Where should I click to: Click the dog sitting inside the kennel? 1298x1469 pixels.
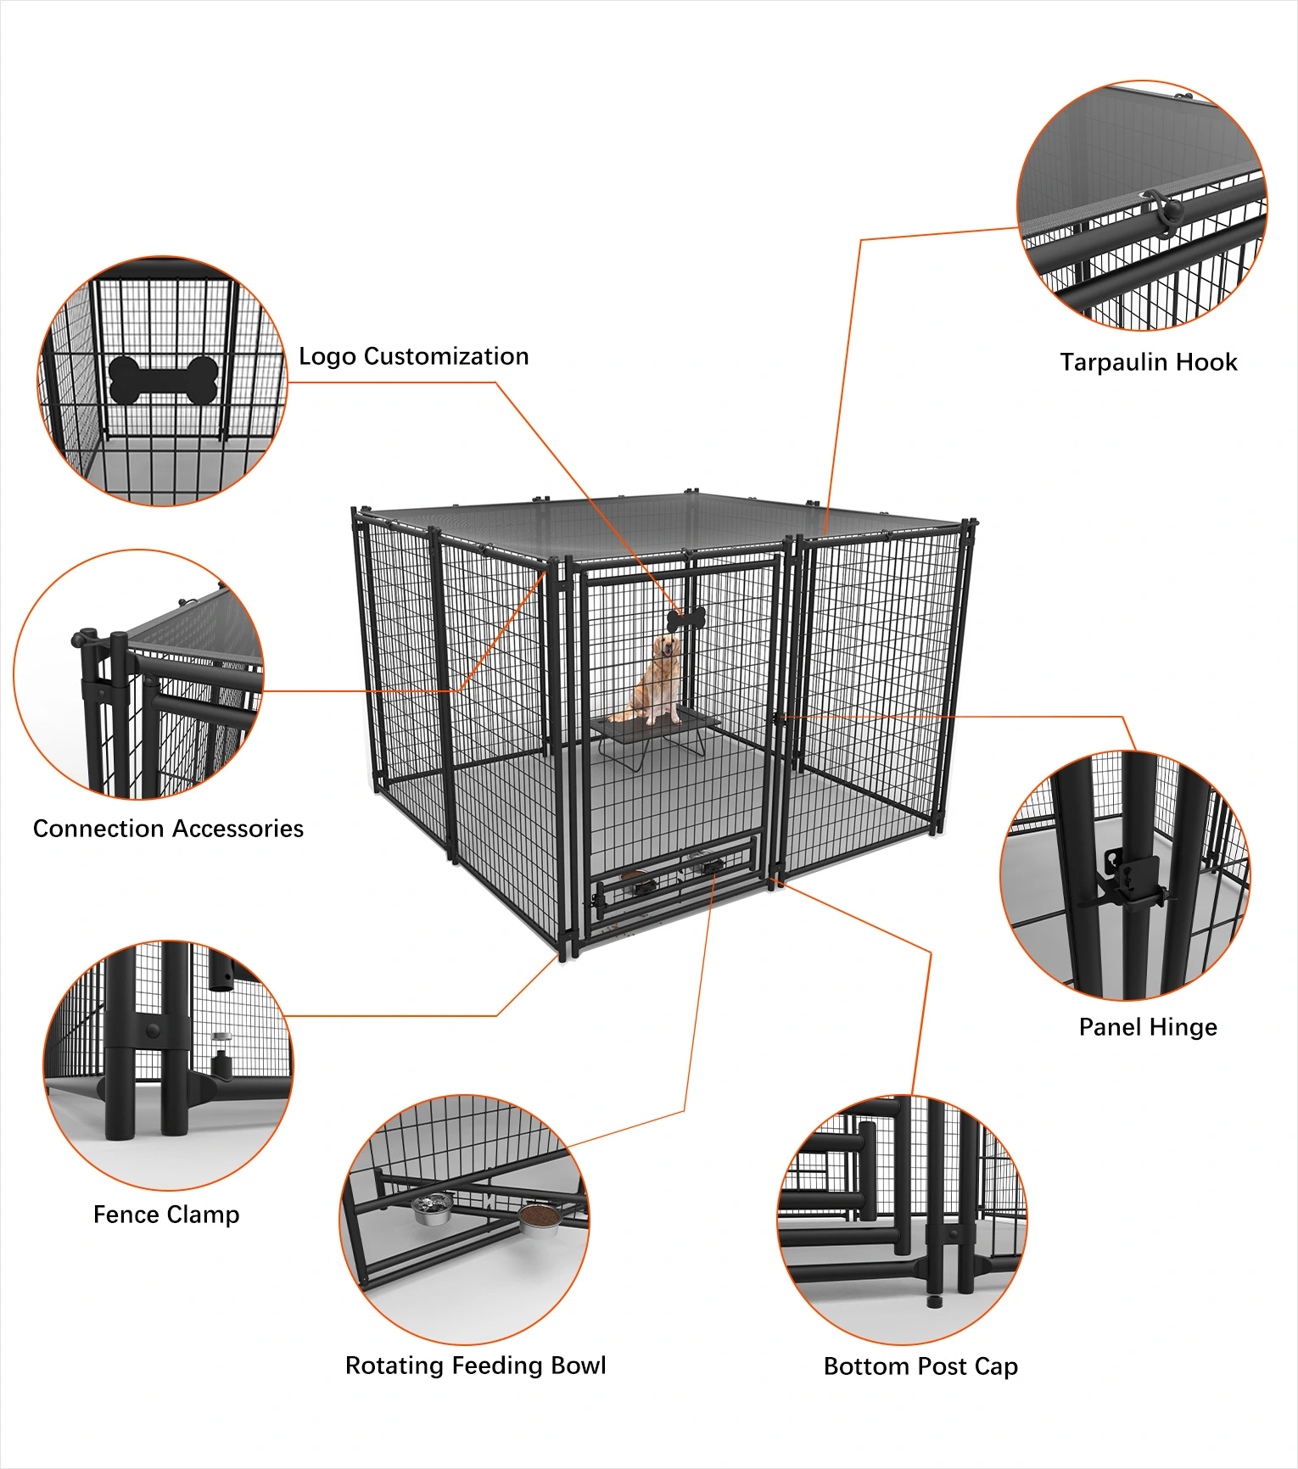[x=657, y=679]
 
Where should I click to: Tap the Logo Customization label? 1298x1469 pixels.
[x=414, y=356]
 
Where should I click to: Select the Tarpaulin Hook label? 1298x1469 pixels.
[x=1148, y=362]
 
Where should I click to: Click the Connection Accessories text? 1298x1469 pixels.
[x=168, y=829]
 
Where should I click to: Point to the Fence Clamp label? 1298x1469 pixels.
[x=166, y=1215]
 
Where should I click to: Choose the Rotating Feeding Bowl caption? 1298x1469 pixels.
[x=475, y=1366]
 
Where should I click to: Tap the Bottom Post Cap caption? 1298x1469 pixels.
[x=920, y=1366]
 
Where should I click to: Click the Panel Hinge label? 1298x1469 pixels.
[x=1148, y=1027]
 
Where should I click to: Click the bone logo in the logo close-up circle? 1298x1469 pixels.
[x=164, y=379]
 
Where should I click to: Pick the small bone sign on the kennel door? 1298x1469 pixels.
[x=686, y=619]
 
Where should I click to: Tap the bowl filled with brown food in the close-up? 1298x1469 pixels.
[x=539, y=1218]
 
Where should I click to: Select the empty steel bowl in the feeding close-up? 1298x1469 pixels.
[x=432, y=1209]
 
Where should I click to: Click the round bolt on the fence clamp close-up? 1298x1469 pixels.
[x=153, y=1030]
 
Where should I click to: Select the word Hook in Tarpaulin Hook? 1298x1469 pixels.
[x=1206, y=362]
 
